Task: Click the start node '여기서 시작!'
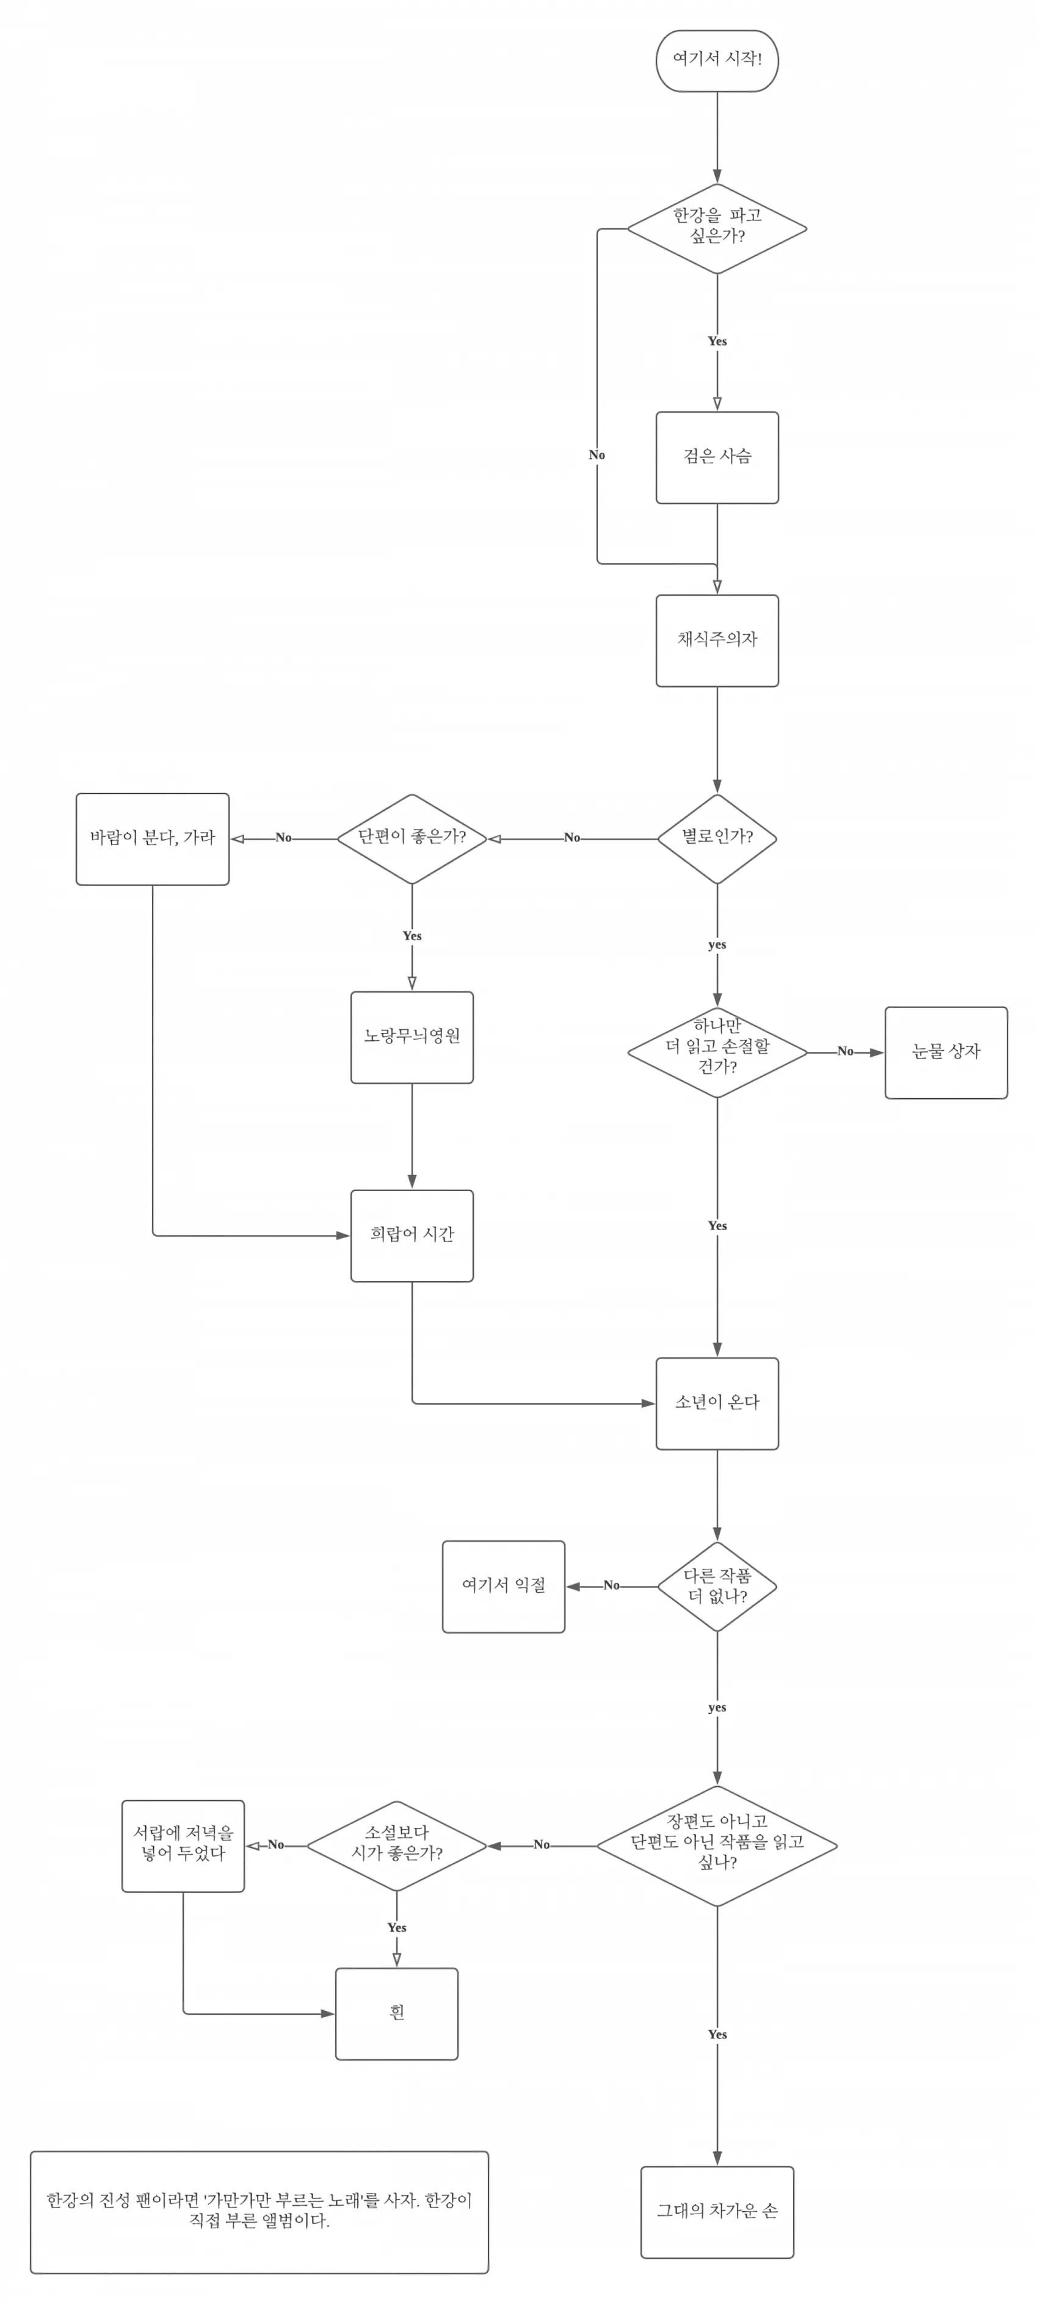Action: pos(717,60)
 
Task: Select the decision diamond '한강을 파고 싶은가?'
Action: pos(717,228)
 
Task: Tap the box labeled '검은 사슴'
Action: pos(717,457)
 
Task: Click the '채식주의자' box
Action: pos(717,640)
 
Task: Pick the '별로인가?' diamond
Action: pos(717,838)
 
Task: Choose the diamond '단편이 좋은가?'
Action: pos(412,838)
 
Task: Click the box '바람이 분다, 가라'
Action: pos(152,839)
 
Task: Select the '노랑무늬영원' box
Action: pos(412,1037)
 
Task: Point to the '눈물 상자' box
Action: pos(946,1052)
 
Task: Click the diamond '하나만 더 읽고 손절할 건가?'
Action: pos(717,1052)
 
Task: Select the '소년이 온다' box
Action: pos(717,1404)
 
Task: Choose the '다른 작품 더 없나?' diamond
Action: pos(717,1586)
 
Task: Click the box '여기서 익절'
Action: pos(503,1587)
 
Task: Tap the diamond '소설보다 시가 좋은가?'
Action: pos(396,1846)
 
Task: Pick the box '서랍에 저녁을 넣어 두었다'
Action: pos(183,1846)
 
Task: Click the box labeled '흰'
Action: pos(396,2014)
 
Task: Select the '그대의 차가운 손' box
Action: pos(717,2212)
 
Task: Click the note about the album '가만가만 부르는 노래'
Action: pos(259,2212)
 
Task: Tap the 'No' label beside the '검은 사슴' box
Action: pos(597,455)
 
